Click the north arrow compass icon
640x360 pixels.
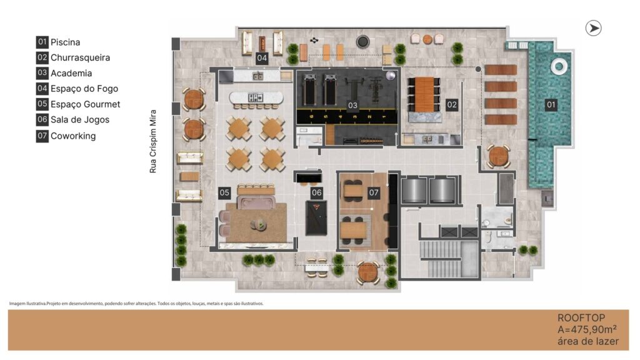pyautogui.click(x=593, y=28)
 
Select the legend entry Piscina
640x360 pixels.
pyautogui.click(x=58, y=42)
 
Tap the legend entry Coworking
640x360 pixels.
pyautogui.click(x=66, y=136)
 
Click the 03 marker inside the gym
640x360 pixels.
pyautogui.click(x=352, y=105)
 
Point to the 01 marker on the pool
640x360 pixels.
pyautogui.click(x=551, y=105)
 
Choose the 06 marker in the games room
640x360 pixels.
pyautogui.click(x=317, y=192)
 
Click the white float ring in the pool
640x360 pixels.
pyautogui.click(x=559, y=66)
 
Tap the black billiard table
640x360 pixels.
pyautogui.click(x=316, y=217)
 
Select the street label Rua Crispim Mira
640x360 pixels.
pyautogui.click(x=152, y=141)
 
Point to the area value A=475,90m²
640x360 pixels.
pyautogui.click(x=587, y=329)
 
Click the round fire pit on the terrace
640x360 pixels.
pyautogui.click(x=362, y=41)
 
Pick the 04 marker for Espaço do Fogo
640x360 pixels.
pyautogui.click(x=262, y=58)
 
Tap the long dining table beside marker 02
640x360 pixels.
pyautogui.click(x=424, y=94)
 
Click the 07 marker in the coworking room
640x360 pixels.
pyautogui.click(x=374, y=192)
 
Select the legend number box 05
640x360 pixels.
pyautogui.click(x=42, y=104)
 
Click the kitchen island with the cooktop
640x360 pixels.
pyautogui.click(x=256, y=97)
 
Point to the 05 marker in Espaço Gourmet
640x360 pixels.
pyautogui.click(x=224, y=192)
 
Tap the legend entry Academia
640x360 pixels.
pyautogui.click(x=64, y=73)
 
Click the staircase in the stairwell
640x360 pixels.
pyautogui.click(x=441, y=259)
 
